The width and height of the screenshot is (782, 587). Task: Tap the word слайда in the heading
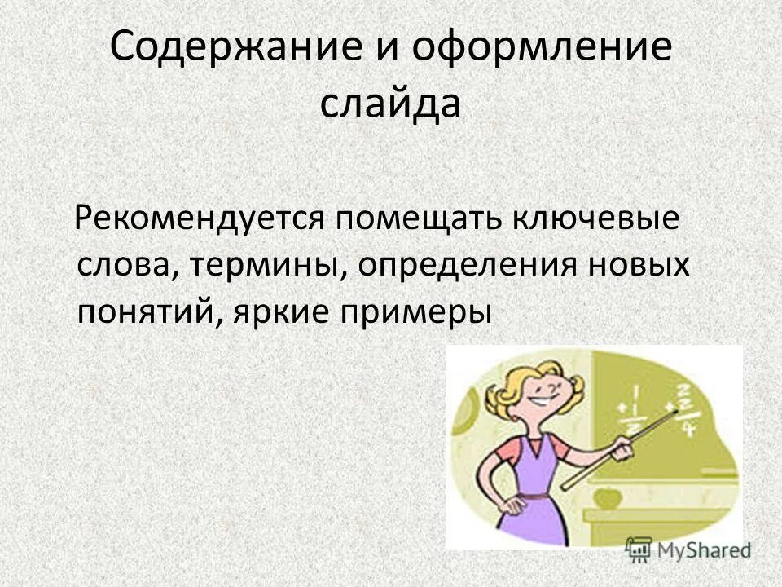click(x=390, y=105)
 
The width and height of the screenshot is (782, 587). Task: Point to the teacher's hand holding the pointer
click(x=624, y=446)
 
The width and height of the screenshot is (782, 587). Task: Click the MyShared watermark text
click(x=704, y=551)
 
